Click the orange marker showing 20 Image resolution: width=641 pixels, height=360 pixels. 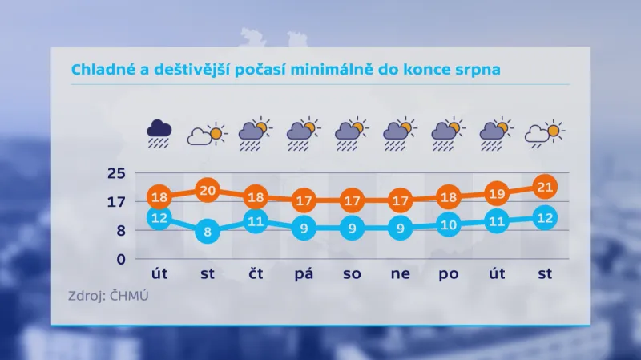click(x=207, y=190)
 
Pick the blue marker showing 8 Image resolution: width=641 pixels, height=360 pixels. click(x=207, y=233)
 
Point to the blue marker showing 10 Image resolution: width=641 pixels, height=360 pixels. click(x=448, y=224)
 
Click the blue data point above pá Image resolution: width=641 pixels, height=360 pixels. click(x=304, y=229)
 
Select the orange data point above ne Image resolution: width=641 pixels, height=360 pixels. click(x=400, y=200)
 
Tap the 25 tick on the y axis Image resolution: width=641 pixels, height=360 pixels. click(x=118, y=173)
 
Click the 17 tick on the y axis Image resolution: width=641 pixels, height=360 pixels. click(x=118, y=202)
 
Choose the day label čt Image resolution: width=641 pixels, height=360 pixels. click(x=255, y=275)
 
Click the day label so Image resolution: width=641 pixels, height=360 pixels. click(x=352, y=275)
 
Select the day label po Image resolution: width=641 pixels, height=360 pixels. click(x=448, y=275)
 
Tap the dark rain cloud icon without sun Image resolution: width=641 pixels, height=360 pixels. click(x=159, y=132)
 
